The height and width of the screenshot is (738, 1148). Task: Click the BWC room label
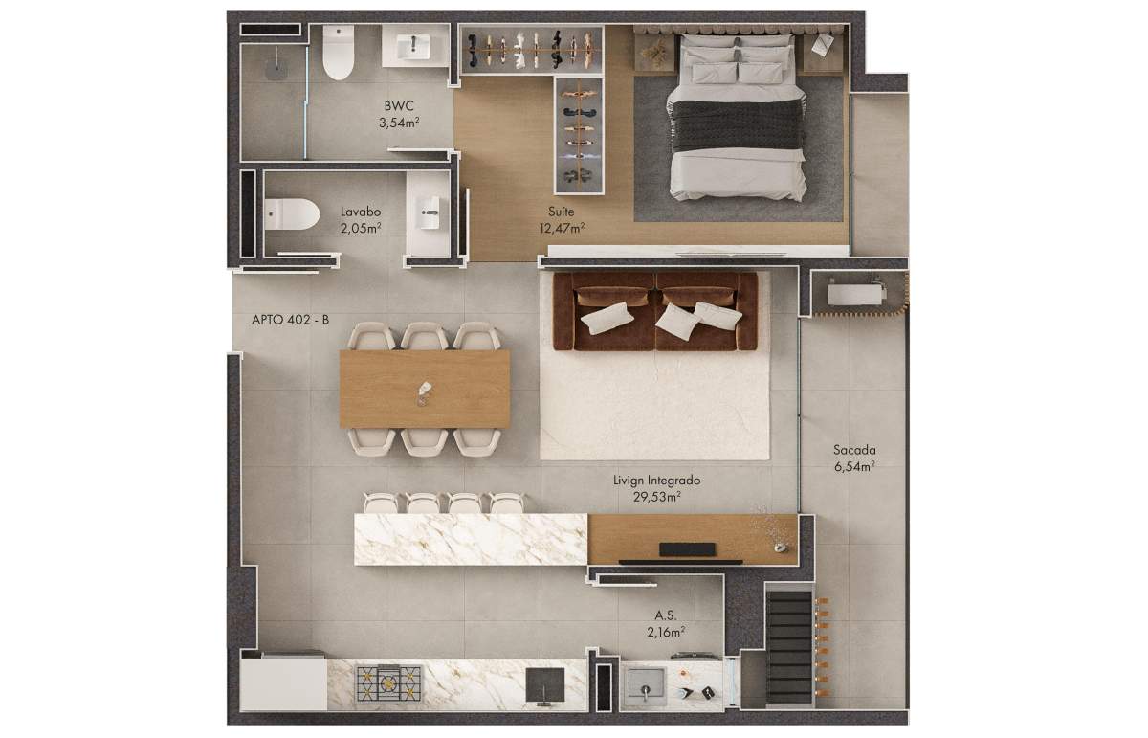point(399,106)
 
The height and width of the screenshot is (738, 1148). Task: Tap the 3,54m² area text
point(399,123)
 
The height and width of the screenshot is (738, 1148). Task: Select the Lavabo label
point(361,212)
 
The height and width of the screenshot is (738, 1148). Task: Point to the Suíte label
point(562,212)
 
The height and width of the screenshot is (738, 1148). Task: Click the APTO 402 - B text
point(290,320)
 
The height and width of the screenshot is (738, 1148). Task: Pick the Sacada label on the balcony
point(854,450)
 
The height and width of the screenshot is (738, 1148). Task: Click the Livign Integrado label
point(656,481)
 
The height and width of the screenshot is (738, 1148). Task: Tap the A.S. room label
point(665,615)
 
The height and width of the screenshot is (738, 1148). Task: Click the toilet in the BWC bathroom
point(339,53)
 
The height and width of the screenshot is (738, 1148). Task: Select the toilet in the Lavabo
point(292,213)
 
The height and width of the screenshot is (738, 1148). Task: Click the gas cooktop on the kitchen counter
point(389,683)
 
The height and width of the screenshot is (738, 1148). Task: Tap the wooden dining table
point(425,389)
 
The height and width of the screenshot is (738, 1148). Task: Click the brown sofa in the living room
point(655,311)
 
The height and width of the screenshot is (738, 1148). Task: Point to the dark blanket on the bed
point(737,125)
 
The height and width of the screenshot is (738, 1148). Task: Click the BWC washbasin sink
point(413,47)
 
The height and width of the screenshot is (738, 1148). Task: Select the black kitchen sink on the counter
point(545,685)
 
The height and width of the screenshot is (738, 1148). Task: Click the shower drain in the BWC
point(276,70)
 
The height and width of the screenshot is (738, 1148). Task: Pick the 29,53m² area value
point(656,497)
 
